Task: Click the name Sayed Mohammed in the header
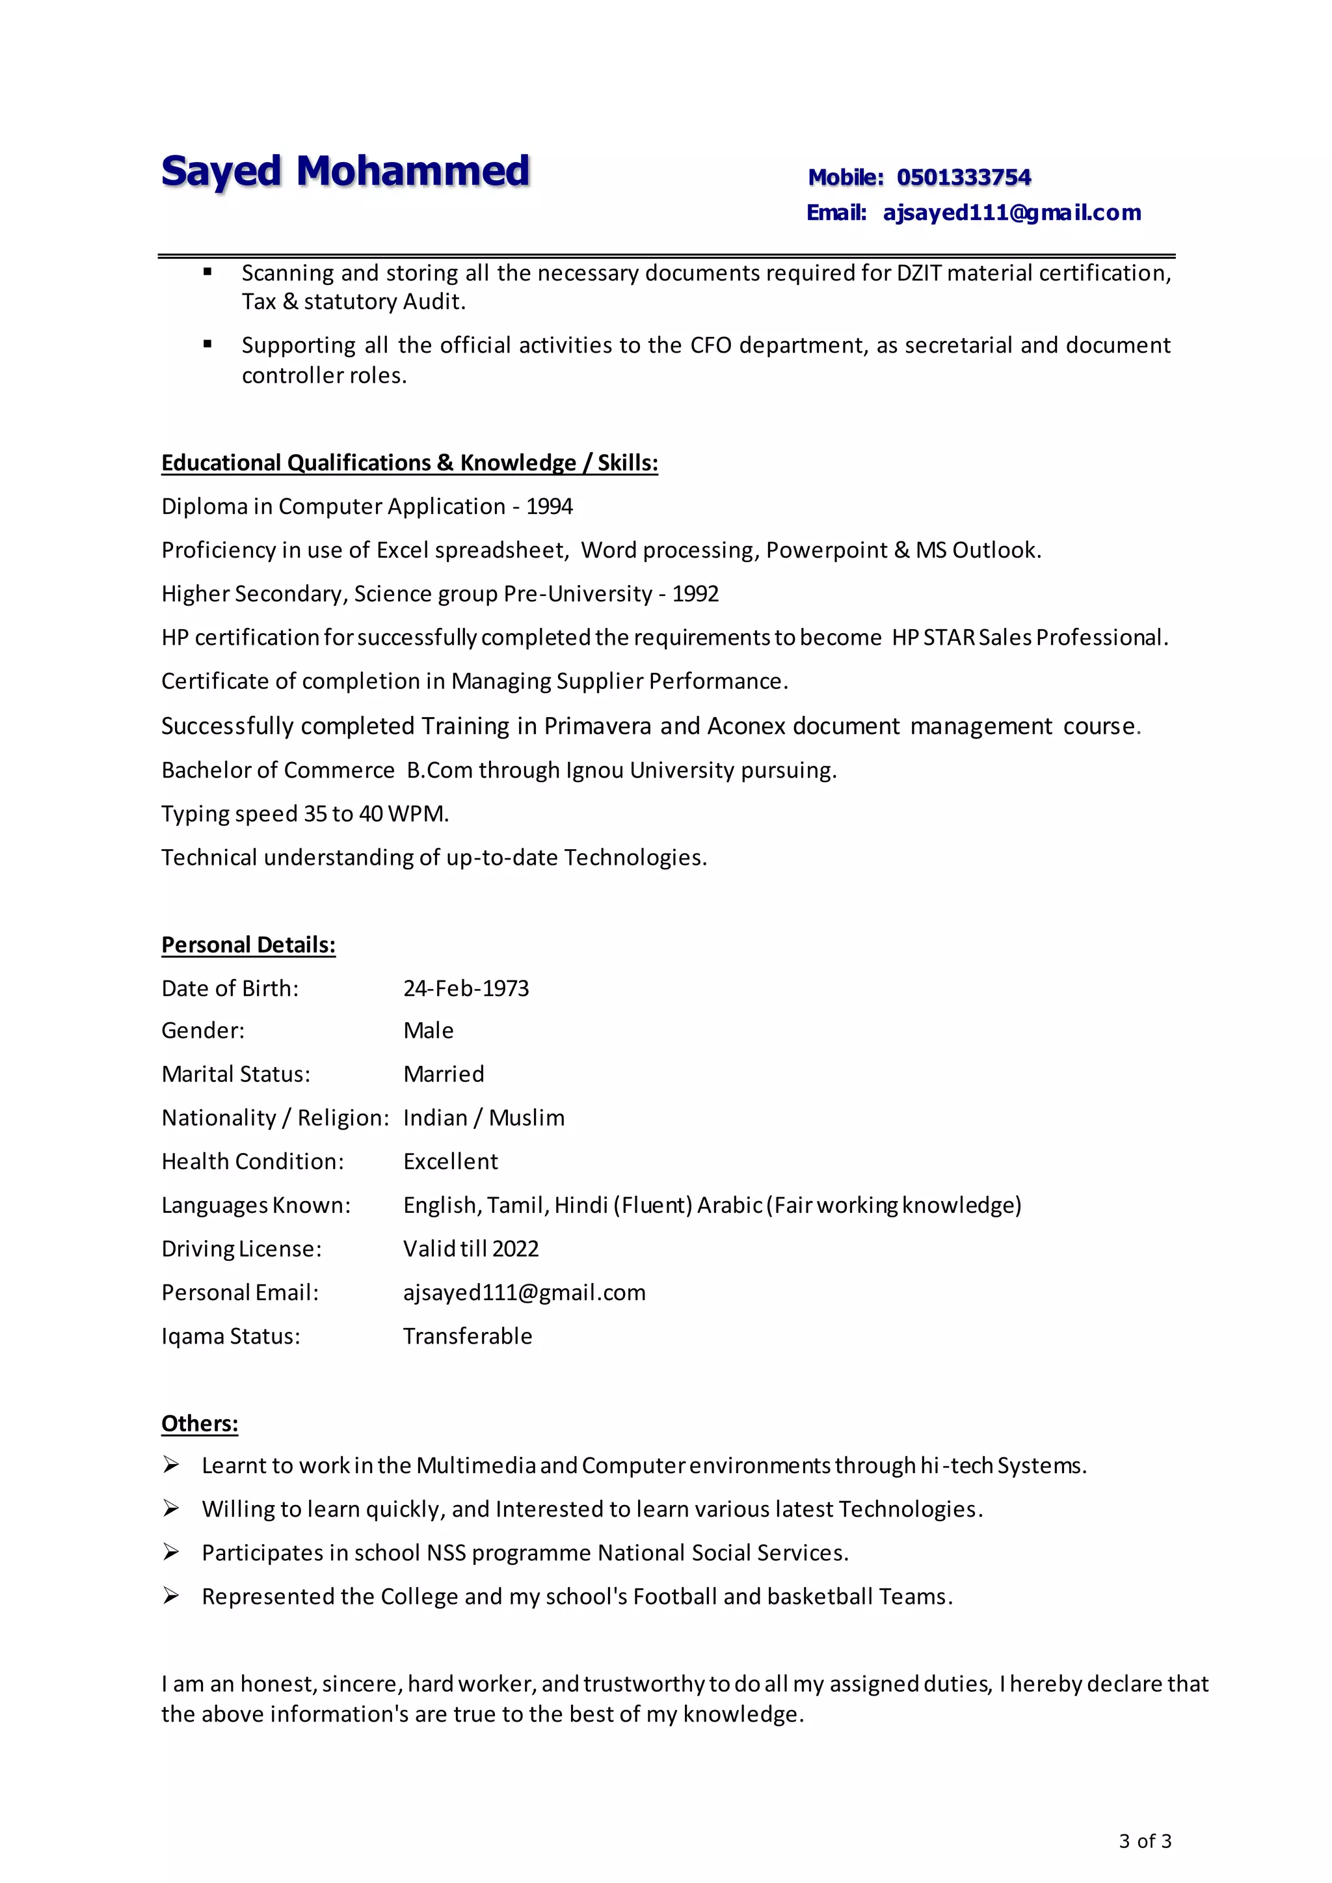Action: point(345,172)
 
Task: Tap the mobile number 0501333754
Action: point(963,177)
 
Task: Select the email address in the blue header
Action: point(1011,213)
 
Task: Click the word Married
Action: point(444,1074)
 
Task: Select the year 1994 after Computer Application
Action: point(549,506)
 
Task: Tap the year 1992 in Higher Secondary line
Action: point(695,594)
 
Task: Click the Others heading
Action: point(199,1423)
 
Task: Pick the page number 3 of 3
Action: point(1145,1841)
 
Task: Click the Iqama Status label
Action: point(230,1336)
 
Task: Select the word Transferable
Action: point(468,1336)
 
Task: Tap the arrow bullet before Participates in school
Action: point(170,1552)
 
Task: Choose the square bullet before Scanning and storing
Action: point(207,271)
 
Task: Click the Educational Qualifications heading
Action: point(409,463)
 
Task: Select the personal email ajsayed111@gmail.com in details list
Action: point(524,1292)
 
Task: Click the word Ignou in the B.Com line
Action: point(594,770)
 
